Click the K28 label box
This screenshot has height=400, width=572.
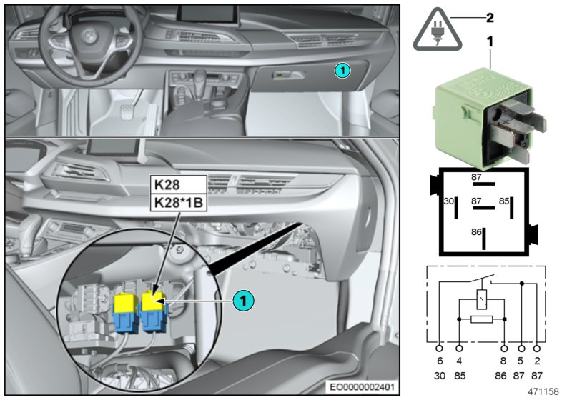pyautogui.click(x=166, y=184)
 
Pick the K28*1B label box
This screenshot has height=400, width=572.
pyautogui.click(x=177, y=203)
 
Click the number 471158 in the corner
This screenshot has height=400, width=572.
pyautogui.click(x=543, y=391)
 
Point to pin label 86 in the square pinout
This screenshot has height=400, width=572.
pyautogui.click(x=475, y=233)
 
